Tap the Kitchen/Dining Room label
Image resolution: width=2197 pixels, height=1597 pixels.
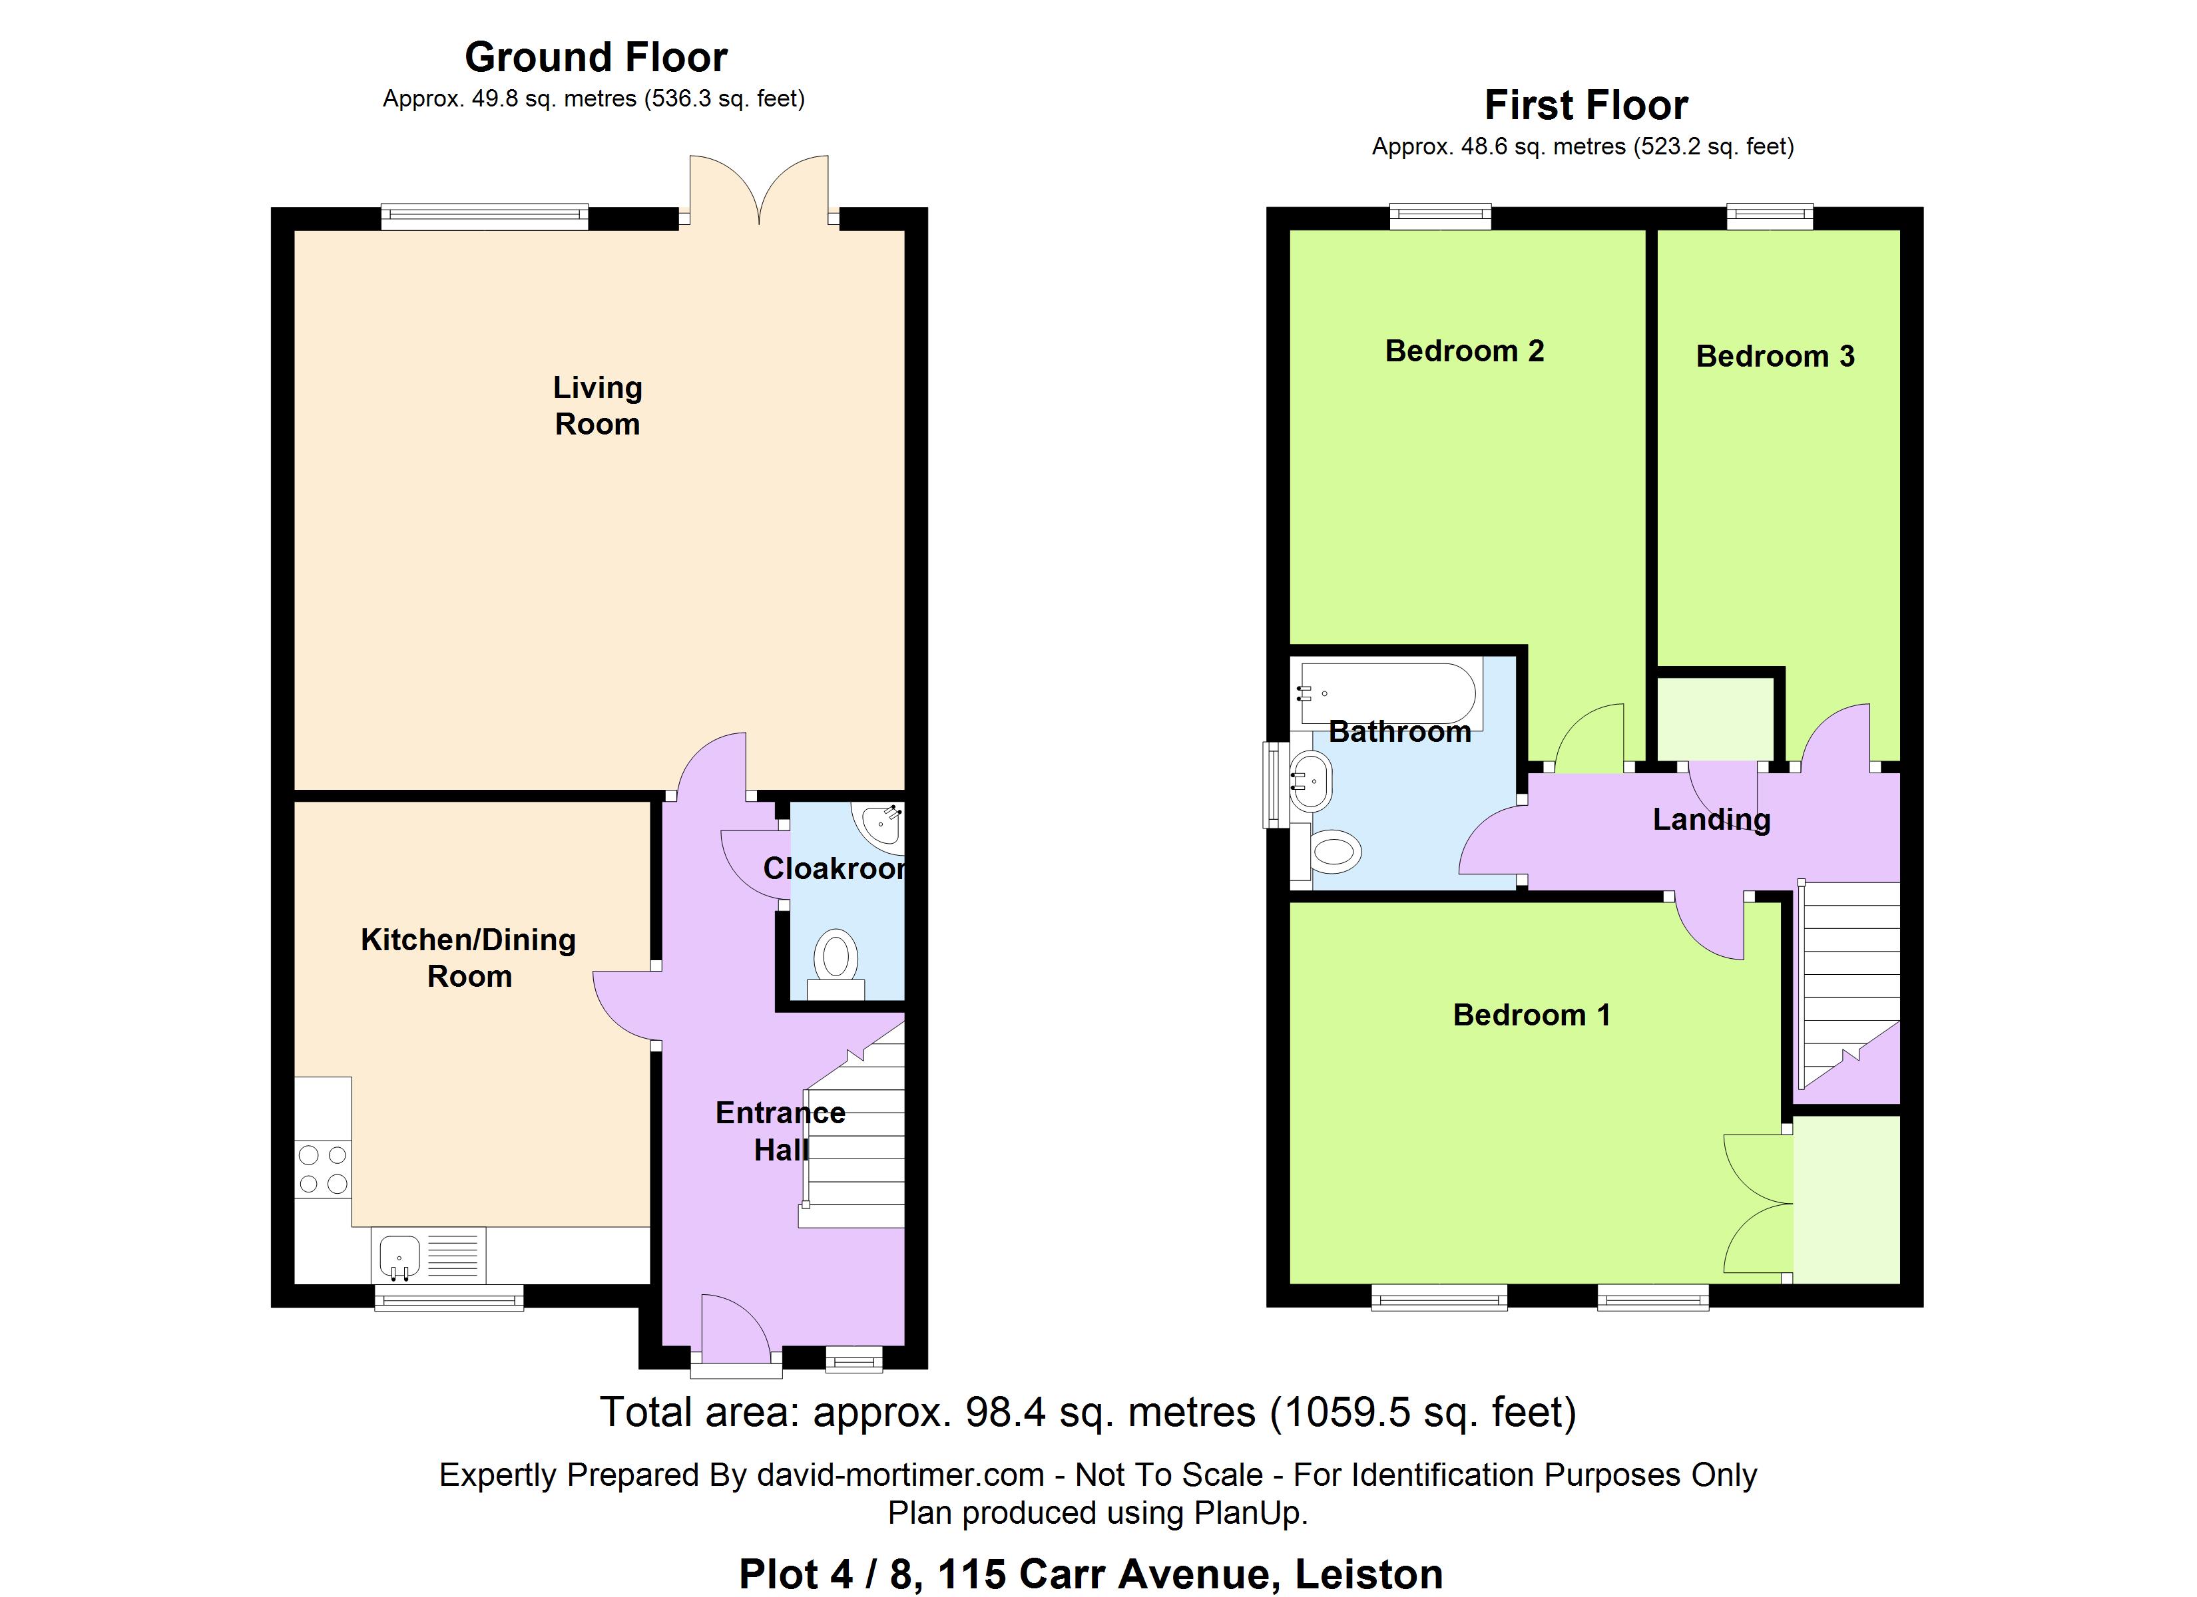tap(469, 958)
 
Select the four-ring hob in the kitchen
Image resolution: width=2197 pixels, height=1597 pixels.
tap(324, 1169)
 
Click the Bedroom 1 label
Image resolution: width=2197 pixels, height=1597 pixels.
tap(1531, 1015)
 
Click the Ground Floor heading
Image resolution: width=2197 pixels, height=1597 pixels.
tap(596, 57)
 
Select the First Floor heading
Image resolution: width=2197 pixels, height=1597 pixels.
tap(1586, 104)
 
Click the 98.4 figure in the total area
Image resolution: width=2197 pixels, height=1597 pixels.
tap(1005, 1413)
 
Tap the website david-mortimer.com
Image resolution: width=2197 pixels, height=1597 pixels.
tap(900, 1475)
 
